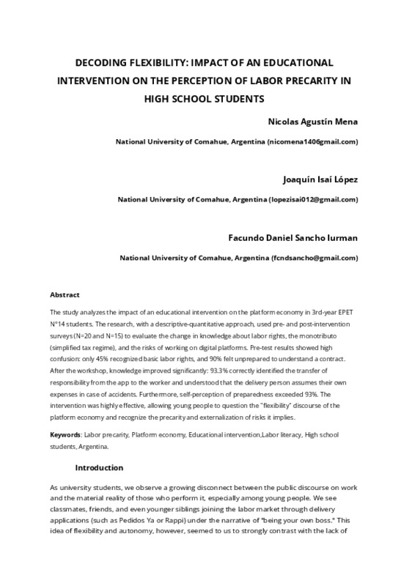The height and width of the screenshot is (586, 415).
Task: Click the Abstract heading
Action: tap(65, 294)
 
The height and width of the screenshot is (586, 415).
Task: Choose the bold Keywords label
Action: tap(65, 434)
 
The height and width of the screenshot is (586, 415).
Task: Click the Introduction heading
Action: tap(100, 467)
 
